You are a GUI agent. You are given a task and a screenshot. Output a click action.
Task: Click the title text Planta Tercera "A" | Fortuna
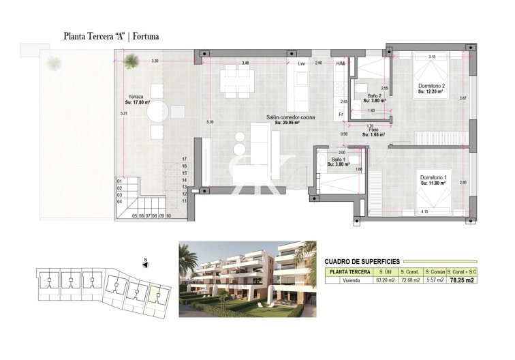coord(111,35)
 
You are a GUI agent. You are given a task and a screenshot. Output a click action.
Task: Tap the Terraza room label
coord(135,97)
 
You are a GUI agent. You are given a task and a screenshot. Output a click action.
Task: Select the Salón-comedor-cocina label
coord(294,119)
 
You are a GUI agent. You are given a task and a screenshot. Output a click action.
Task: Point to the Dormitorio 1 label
coord(433,178)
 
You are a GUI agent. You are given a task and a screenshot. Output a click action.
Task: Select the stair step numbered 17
coord(184,159)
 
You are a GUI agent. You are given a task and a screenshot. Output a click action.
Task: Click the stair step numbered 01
coord(119,181)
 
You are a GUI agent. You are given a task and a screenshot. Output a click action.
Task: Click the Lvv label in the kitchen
coord(302,63)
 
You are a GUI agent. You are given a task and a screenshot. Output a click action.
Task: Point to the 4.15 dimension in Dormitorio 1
coord(424,211)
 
